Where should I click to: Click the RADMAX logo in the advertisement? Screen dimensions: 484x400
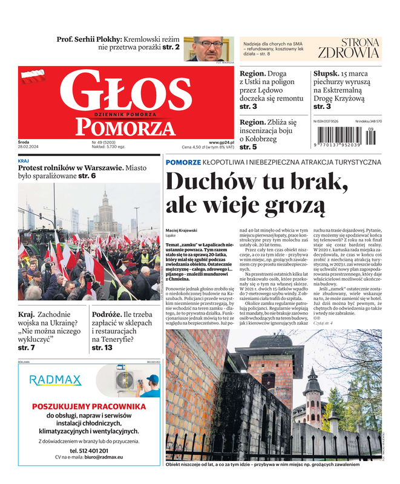point(55,380)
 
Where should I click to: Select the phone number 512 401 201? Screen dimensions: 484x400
point(90,451)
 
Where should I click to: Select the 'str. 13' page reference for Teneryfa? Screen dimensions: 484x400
point(102,348)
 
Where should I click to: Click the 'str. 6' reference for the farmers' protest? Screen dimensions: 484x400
point(87,176)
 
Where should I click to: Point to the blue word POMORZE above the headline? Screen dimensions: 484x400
point(183,162)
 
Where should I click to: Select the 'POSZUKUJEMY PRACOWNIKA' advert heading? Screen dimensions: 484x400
point(89,407)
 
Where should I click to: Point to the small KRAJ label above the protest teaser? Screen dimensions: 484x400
point(24,161)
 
